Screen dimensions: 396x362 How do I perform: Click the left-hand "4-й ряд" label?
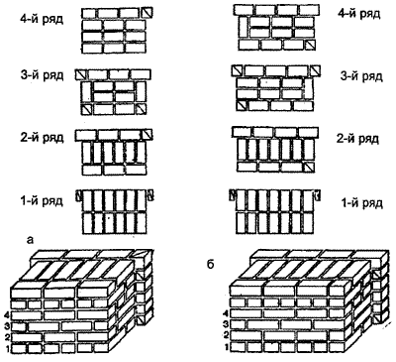(x=42, y=19)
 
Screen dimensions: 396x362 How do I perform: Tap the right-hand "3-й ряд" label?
(x=361, y=76)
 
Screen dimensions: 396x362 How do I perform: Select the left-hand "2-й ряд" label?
(x=42, y=137)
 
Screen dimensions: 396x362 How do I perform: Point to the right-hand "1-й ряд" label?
(x=361, y=203)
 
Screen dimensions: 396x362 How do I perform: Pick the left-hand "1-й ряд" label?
(x=42, y=200)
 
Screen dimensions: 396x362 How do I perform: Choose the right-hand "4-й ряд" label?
(x=359, y=14)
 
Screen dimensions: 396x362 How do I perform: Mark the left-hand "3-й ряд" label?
(x=42, y=75)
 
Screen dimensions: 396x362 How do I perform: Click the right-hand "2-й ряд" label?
(x=357, y=139)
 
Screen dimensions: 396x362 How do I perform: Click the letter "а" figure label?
(x=30, y=240)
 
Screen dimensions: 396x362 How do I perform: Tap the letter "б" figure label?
(x=211, y=264)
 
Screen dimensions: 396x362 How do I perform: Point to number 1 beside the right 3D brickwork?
(x=227, y=347)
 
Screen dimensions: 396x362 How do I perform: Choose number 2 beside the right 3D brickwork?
(x=226, y=335)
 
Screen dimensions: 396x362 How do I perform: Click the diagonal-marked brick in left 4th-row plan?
(x=147, y=13)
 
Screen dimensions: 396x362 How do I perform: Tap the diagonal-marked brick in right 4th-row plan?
(x=311, y=46)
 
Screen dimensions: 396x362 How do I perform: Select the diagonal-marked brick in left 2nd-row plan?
(x=147, y=135)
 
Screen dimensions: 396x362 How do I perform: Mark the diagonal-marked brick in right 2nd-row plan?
(x=309, y=167)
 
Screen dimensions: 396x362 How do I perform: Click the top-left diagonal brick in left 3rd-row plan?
(x=80, y=74)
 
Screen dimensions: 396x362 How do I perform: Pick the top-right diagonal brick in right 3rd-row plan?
(x=315, y=70)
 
